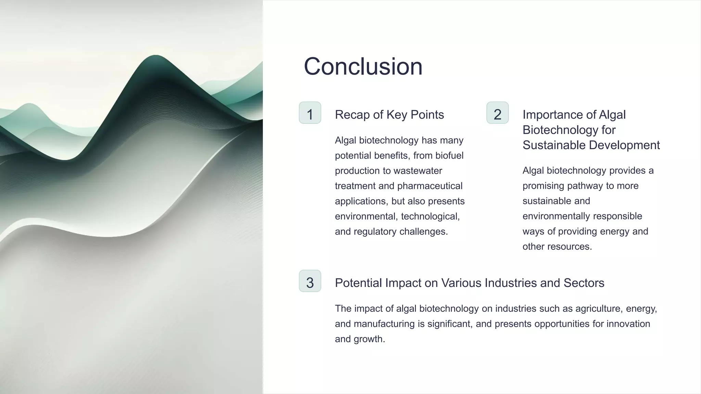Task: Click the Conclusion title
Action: tap(363, 66)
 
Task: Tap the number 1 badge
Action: tap(310, 113)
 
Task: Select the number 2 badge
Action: tap(497, 113)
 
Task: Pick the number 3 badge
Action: tap(310, 281)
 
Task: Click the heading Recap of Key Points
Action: tap(389, 115)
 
